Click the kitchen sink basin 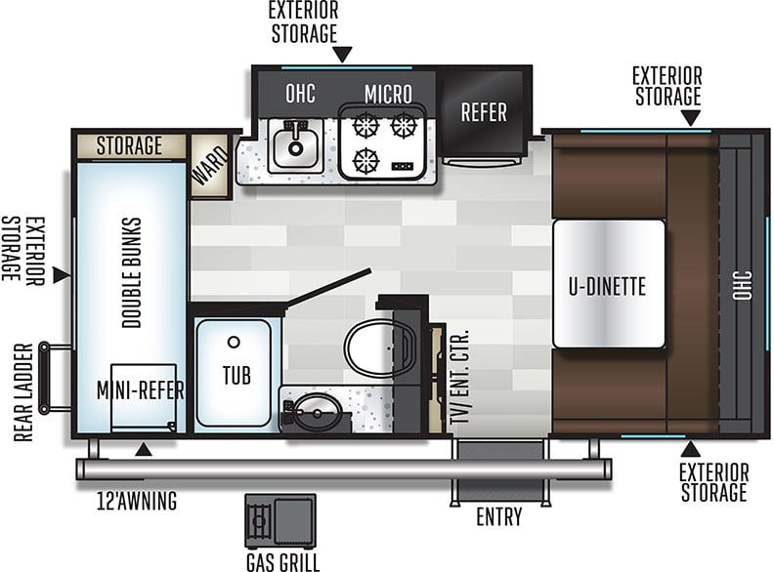pyautogui.click(x=296, y=146)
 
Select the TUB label pyautogui.click(x=236, y=375)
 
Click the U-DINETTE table pyautogui.click(x=609, y=283)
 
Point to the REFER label pyautogui.click(x=484, y=112)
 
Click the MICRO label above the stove pyautogui.click(x=388, y=94)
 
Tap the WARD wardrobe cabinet pyautogui.click(x=211, y=166)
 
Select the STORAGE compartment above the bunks pyautogui.click(x=131, y=146)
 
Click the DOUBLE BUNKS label pyautogui.click(x=132, y=272)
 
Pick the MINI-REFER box pyautogui.click(x=143, y=398)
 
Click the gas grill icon pyautogui.click(x=280, y=520)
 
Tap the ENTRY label pyautogui.click(x=499, y=516)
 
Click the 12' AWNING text pyautogui.click(x=137, y=501)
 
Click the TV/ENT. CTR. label pyautogui.click(x=459, y=377)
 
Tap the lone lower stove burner pyautogui.click(x=365, y=161)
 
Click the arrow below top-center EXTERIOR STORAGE pyautogui.click(x=343, y=55)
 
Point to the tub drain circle pyautogui.click(x=234, y=342)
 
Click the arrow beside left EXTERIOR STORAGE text pyautogui.click(x=63, y=275)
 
